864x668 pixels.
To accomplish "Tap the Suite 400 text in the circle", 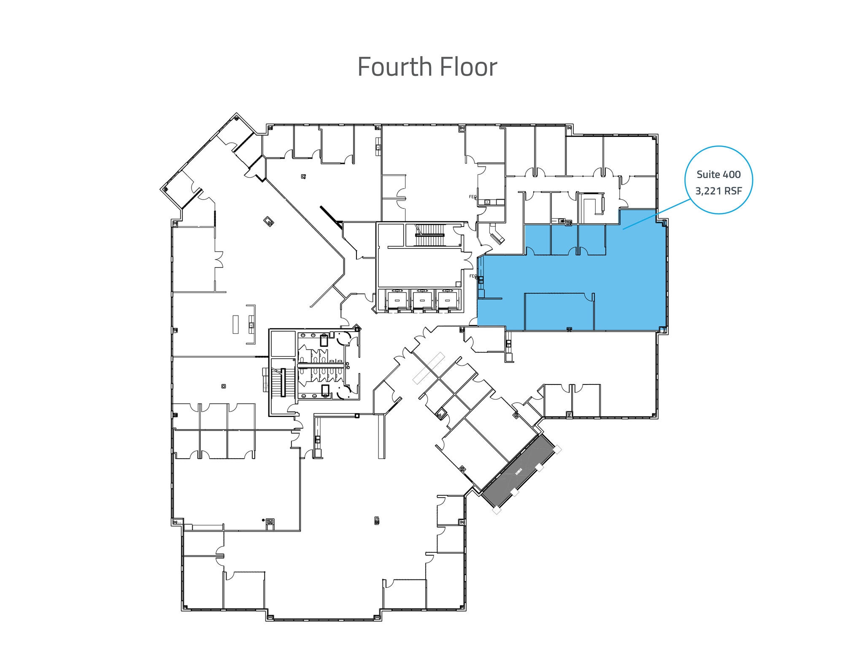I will tap(718, 174).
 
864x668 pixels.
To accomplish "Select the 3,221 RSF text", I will tap(718, 191).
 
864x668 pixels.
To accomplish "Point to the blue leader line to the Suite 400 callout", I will tap(656, 214).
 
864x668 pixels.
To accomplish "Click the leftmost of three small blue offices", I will tap(537, 239).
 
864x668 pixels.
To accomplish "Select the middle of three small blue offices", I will tap(564, 239).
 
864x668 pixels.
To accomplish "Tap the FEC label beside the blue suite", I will tap(473, 276).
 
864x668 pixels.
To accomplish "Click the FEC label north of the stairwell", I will tap(472, 197).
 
